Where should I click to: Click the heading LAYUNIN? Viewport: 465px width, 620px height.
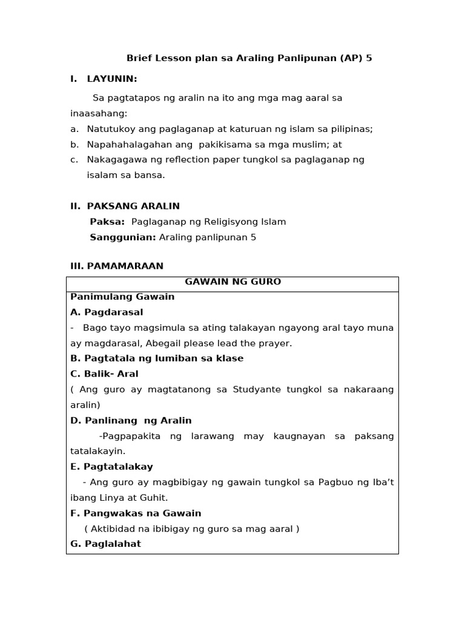[112, 79]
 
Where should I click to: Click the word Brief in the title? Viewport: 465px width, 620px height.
[138, 58]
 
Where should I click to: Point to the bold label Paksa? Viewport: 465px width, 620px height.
[107, 222]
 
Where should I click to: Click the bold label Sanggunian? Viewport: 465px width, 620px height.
[123, 237]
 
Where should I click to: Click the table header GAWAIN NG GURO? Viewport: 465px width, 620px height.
[232, 282]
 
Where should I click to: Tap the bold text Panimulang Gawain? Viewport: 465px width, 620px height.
[122, 297]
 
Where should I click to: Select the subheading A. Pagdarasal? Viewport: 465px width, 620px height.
[107, 312]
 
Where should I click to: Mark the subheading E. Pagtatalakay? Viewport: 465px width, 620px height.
[111, 467]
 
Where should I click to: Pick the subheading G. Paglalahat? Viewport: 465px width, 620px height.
[105, 544]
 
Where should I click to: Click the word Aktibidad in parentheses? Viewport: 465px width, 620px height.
[112, 529]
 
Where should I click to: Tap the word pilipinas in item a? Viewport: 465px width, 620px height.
[351, 129]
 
